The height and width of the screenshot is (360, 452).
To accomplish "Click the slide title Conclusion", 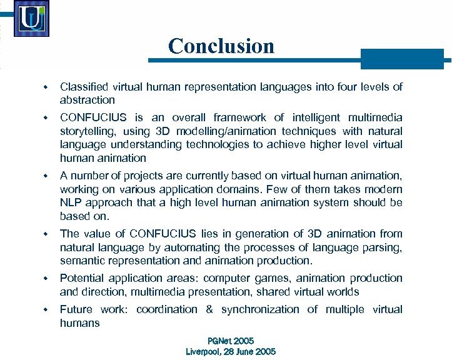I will pos(221,46).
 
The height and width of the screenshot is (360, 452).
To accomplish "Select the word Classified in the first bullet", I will pos(84,87).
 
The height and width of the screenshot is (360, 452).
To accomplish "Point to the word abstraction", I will pos(87,100).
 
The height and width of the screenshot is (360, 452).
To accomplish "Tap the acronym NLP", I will pos(71,202).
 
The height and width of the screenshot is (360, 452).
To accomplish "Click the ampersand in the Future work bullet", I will pos(209,309).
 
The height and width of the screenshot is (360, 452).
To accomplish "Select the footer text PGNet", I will pos(218,341).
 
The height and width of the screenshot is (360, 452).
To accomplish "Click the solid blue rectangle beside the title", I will pos(402,59).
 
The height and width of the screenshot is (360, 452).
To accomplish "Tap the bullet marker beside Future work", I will pos(46,309).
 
